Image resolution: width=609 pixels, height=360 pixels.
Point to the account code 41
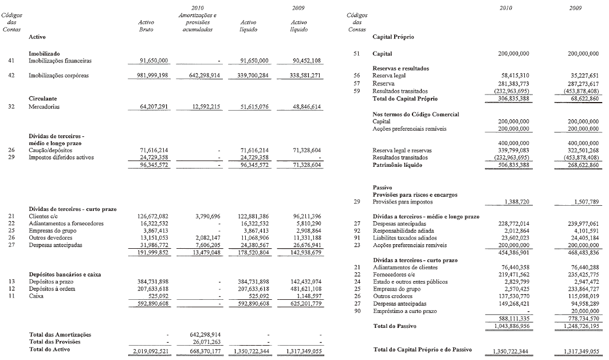click(11, 60)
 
